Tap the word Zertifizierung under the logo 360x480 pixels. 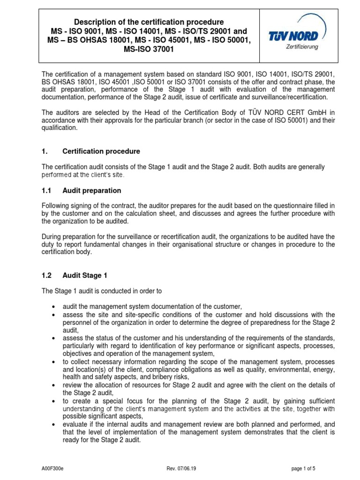[302, 47]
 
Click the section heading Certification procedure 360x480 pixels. [101, 151]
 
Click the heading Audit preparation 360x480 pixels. [91, 191]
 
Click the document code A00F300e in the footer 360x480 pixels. [52, 470]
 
